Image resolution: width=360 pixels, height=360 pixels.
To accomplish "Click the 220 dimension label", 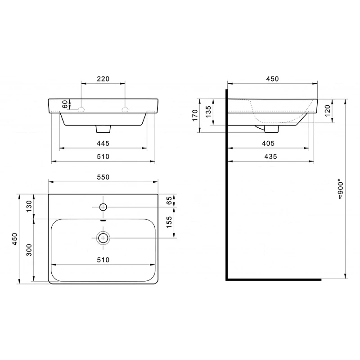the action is [103, 79].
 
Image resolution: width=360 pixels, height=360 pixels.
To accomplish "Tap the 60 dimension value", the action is [65, 104].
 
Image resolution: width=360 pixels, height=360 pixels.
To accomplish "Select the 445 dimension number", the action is [103, 143].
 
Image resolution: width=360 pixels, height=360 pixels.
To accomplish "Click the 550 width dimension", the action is [103, 177].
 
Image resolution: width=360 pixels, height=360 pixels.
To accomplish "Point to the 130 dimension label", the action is [29, 206].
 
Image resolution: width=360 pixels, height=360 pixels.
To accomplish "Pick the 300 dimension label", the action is [29, 250].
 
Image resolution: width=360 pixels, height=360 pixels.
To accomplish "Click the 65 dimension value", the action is [169, 200].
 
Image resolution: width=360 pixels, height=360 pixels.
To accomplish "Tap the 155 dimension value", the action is [169, 222].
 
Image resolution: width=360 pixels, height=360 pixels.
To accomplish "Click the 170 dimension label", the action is [195, 115].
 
